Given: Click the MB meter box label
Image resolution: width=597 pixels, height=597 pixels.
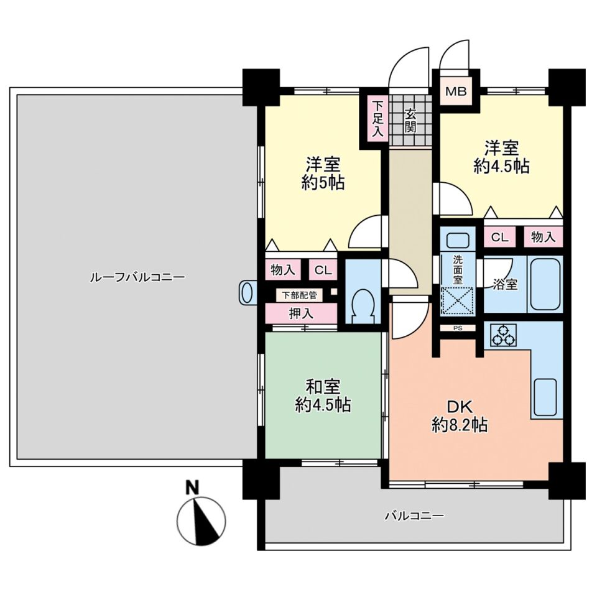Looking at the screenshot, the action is [456, 91].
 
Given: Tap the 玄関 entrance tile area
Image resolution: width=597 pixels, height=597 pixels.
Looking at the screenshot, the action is [410, 120].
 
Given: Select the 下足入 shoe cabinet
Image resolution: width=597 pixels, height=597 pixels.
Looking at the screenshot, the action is [377, 118].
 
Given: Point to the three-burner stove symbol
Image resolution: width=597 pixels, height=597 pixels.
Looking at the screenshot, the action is [503, 335].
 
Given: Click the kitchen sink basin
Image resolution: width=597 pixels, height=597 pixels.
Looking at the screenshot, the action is [545, 397].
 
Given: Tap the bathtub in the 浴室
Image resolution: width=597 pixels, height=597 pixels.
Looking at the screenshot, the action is [545, 284].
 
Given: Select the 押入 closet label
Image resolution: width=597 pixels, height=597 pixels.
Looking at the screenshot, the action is [301, 313].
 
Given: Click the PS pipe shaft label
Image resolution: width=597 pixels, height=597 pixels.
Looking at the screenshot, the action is [458, 328].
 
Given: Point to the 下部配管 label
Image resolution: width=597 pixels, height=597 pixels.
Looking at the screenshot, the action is [299, 295].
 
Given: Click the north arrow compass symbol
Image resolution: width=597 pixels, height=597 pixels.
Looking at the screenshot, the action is [201, 521].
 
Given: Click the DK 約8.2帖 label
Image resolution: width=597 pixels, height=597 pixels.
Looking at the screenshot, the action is [460, 416].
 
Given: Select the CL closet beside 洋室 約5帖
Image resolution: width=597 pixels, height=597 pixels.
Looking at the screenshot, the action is [323, 270].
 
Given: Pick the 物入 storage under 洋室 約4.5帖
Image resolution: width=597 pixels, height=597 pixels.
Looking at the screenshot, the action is [543, 237].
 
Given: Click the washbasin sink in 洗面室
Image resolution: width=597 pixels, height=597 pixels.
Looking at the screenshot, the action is [458, 240].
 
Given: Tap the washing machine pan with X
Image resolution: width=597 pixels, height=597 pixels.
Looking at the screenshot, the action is [457, 302].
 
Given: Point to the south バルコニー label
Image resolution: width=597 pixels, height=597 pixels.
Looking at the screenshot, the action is [414, 516].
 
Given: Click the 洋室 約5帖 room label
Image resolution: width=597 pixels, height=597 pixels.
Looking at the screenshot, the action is [323, 174].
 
